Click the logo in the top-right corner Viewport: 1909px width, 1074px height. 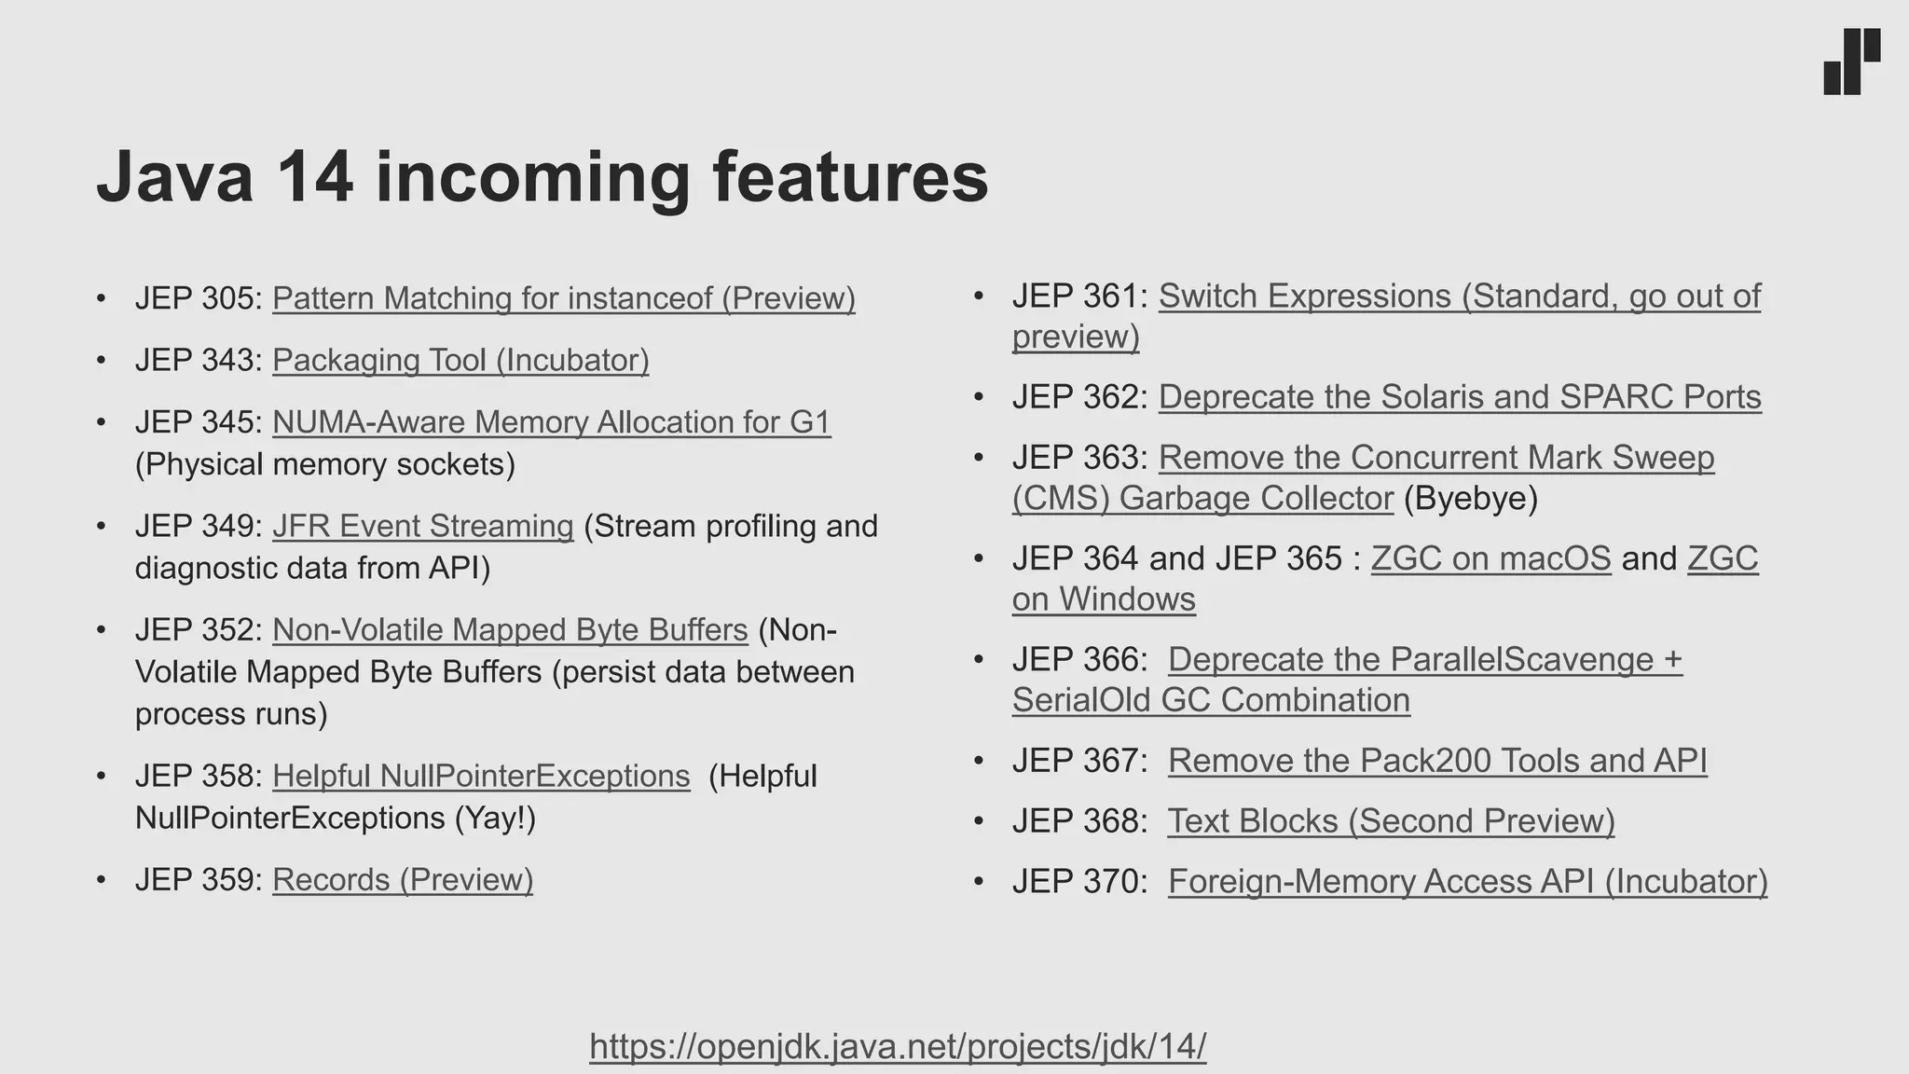pyautogui.click(x=1851, y=62)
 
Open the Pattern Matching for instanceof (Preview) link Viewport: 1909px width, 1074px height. pyautogui.click(x=563, y=298)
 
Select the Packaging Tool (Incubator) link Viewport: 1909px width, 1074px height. pyautogui.click(x=460, y=360)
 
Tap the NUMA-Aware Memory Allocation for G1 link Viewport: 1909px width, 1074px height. pyautogui.click(x=551, y=422)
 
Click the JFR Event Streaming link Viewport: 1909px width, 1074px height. pyautogui.click(x=422, y=526)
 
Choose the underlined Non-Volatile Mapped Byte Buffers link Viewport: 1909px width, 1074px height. pyautogui.click(x=510, y=630)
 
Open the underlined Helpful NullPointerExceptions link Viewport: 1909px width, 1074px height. pyautogui.click(x=481, y=776)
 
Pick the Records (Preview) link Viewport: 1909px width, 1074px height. pyautogui.click(x=403, y=880)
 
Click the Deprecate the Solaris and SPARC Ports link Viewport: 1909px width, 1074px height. pyautogui.click(x=1460, y=397)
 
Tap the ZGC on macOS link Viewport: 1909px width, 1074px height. pyautogui.click(x=1490, y=558)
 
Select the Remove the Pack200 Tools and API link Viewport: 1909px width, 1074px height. pyautogui.click(x=1437, y=761)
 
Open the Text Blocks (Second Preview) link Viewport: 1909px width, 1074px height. pyautogui.click(x=1391, y=821)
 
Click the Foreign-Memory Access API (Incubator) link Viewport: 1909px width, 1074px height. pyautogui.click(x=1467, y=882)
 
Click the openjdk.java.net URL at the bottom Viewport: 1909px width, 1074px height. pyautogui.click(x=898, y=1046)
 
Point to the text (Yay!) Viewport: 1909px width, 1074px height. pyautogui.click(x=495, y=819)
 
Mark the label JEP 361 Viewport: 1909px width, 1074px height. pyautogui.click(x=1076, y=296)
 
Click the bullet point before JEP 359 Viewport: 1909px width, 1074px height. pyautogui.click(x=101, y=880)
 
